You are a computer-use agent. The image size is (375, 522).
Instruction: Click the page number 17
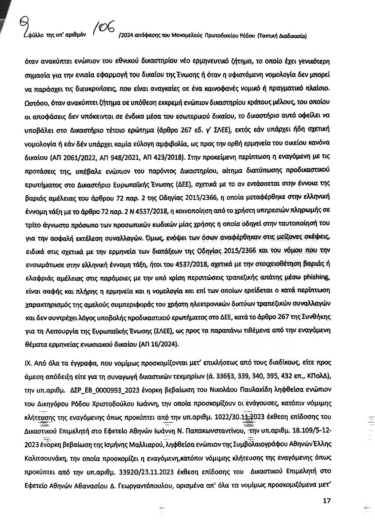click(327, 501)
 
